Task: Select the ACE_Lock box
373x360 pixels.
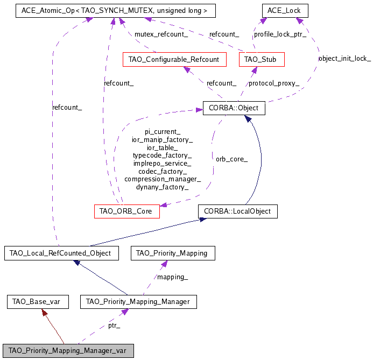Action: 285,10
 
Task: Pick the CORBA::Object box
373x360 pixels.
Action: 234,108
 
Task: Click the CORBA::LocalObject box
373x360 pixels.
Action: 237,211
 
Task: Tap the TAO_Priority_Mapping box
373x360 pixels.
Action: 173,252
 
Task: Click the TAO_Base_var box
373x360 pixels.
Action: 37,301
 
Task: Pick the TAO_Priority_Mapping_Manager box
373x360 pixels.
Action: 138,301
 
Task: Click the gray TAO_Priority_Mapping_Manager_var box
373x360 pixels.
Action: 67,350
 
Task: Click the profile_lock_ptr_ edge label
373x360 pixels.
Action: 280,34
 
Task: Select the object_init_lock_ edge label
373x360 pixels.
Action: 344,58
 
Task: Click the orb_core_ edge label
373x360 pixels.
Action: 231,159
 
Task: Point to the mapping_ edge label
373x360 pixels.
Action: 172,277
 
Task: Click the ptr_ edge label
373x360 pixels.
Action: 114,326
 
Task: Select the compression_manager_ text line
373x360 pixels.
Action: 163,179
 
